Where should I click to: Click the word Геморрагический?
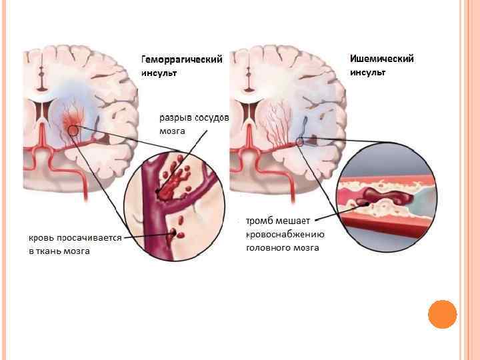181,59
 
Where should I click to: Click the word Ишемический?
382,59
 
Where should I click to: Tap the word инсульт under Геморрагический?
159,73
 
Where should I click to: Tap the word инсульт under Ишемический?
368,72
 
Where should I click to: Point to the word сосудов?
213,118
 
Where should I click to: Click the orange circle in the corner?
442,313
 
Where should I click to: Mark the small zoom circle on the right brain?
300,141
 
